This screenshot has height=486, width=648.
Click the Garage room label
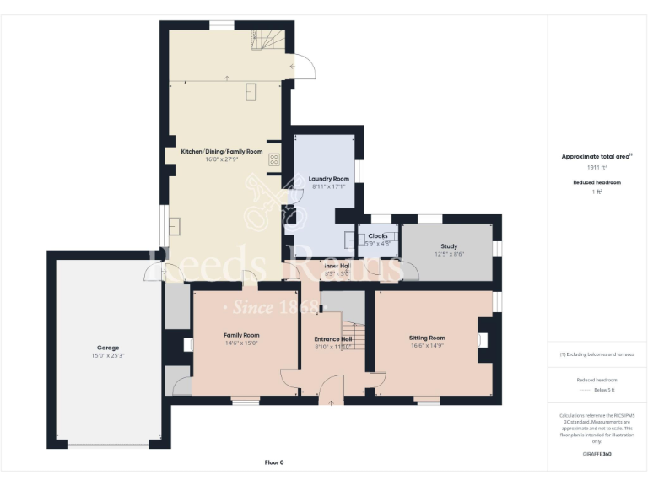pyautogui.click(x=107, y=348)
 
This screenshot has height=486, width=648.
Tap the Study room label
pyautogui.click(x=450, y=246)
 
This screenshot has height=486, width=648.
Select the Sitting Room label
pyautogui.click(x=428, y=337)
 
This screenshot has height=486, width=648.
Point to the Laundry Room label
pyautogui.click(x=329, y=179)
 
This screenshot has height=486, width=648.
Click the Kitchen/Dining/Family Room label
pyautogui.click(x=215, y=152)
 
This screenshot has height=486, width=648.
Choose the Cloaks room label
pyautogui.click(x=377, y=236)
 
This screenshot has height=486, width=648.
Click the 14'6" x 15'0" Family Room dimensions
pyautogui.click(x=240, y=343)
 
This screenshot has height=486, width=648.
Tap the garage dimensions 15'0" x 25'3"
pyautogui.click(x=107, y=355)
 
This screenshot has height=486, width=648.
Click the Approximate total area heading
pyautogui.click(x=596, y=156)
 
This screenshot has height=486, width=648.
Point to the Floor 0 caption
pyautogui.click(x=274, y=462)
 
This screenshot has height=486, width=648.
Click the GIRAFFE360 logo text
pyautogui.click(x=597, y=455)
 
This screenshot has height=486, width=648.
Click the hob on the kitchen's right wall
pyautogui.click(x=274, y=158)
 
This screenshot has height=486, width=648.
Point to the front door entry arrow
pyautogui.click(x=331, y=402)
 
